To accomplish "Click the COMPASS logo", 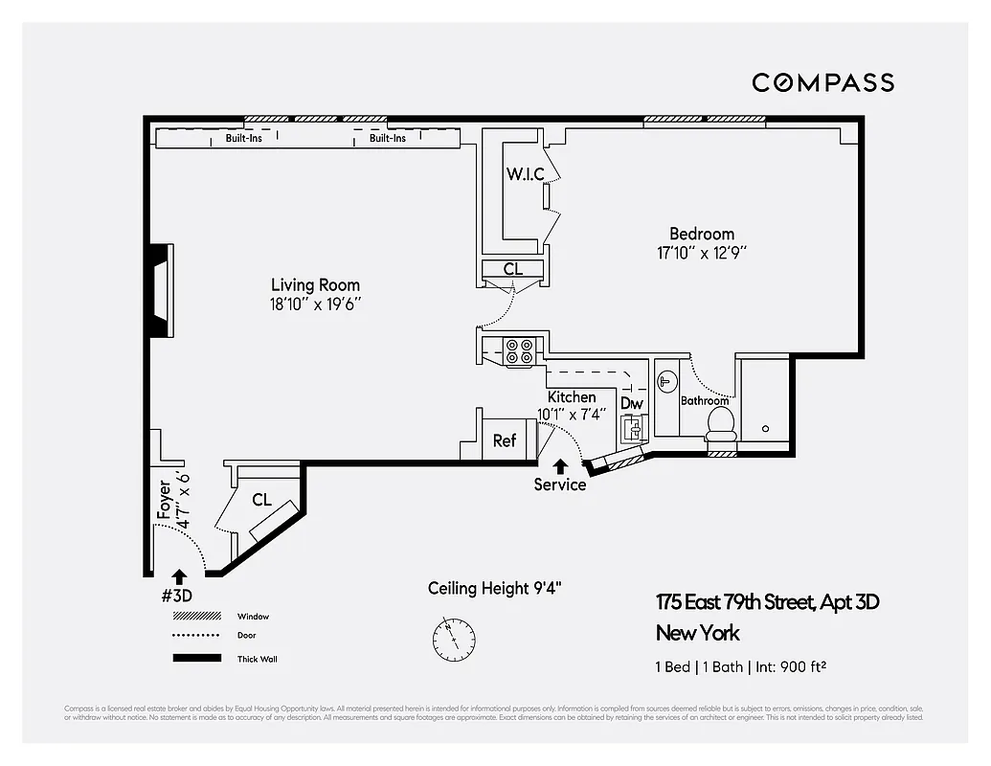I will (x=822, y=82).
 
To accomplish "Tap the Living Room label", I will (x=315, y=284).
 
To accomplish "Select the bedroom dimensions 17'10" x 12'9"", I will (x=701, y=253).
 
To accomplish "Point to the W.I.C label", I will (x=525, y=174).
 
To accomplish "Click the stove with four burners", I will (x=521, y=351).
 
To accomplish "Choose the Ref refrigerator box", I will (x=505, y=440).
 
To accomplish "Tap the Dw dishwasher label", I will (x=632, y=403).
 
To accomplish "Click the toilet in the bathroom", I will (x=718, y=422).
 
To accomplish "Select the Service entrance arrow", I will (x=559, y=467).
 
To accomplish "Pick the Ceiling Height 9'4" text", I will (x=494, y=588).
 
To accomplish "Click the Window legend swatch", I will (x=197, y=617).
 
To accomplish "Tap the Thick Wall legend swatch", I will (x=197, y=658).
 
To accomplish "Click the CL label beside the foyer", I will (x=261, y=500).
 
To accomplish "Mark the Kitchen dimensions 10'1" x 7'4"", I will (x=572, y=414).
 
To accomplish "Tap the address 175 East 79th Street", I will (x=767, y=602).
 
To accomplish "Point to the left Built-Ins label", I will (x=244, y=138).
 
